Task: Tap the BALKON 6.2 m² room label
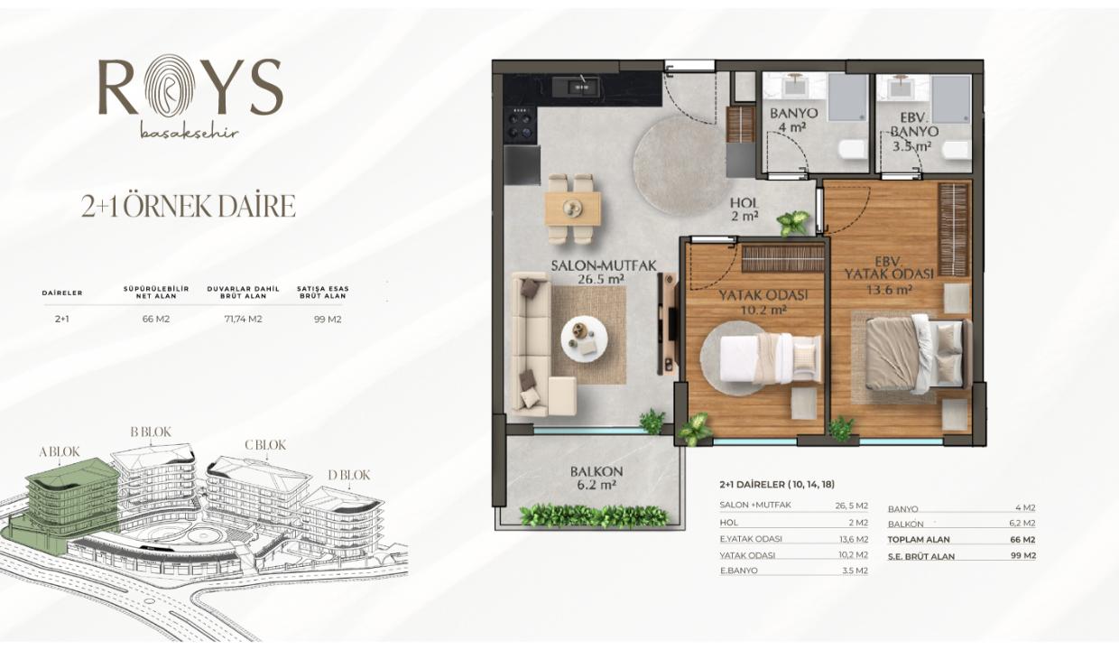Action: point(596,478)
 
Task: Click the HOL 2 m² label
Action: point(744,209)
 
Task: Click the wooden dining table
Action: point(573,209)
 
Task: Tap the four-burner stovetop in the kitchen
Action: point(521,123)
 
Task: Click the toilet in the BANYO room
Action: point(852,149)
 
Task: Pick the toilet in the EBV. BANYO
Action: point(957,150)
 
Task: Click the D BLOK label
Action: point(348,475)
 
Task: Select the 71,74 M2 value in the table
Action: point(244,319)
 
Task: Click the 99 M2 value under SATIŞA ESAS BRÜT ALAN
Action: point(328,320)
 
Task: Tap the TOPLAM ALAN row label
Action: point(918,540)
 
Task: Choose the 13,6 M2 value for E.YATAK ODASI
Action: point(854,540)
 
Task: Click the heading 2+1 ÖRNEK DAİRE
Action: point(189,207)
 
